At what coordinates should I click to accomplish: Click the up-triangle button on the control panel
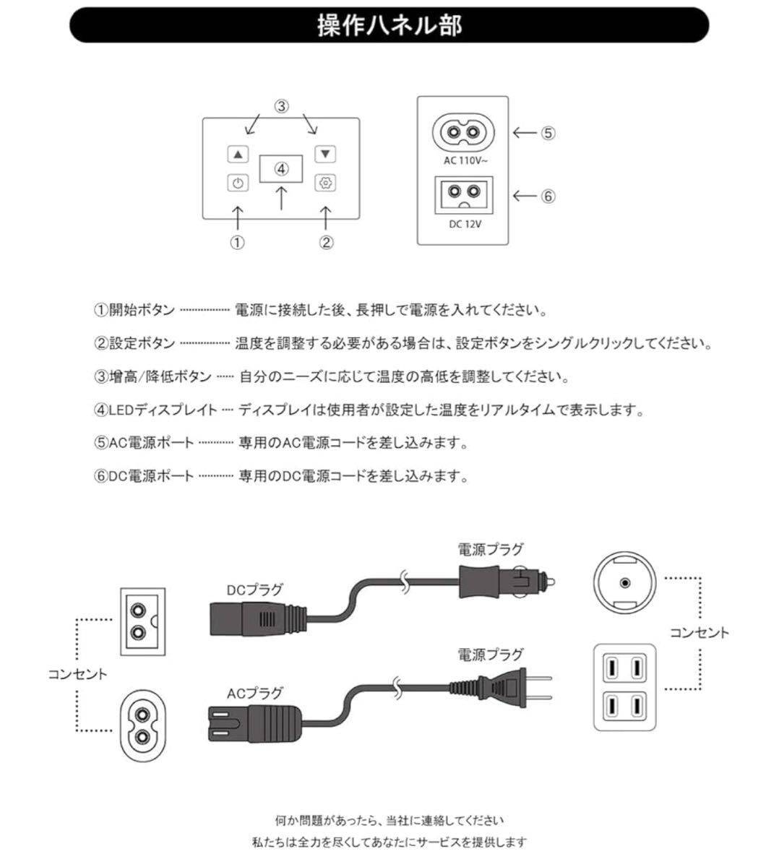[238, 154]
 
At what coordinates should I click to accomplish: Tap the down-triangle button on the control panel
[326, 154]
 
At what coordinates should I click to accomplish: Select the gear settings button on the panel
[326, 184]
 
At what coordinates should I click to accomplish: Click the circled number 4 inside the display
[282, 168]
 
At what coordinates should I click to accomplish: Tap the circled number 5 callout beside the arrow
[548, 133]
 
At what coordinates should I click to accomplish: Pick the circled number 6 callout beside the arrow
[548, 196]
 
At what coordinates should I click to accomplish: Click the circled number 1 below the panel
[238, 243]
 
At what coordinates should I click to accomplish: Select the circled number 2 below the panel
[327, 243]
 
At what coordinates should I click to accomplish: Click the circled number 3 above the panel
[282, 106]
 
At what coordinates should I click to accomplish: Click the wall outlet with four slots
[624, 686]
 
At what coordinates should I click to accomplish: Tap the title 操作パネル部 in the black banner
[389, 25]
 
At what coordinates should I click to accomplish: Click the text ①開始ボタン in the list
[134, 311]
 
